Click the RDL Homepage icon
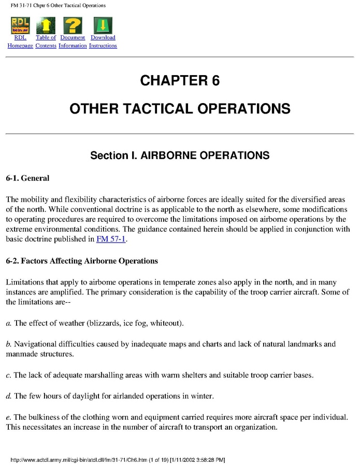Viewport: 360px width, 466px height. click(x=20, y=25)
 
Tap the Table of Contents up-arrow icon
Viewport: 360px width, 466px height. click(x=46, y=25)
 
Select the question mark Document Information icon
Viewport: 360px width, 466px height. click(x=73, y=25)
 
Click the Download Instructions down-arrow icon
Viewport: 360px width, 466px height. click(x=103, y=25)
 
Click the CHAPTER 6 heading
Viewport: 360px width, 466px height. click(x=180, y=81)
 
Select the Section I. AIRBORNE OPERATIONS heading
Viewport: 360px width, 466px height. click(x=180, y=156)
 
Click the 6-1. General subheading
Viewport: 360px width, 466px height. click(x=27, y=178)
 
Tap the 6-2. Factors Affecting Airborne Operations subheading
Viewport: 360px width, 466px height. click(x=82, y=261)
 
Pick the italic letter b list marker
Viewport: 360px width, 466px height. click(x=8, y=344)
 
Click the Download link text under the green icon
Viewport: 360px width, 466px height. click(x=103, y=38)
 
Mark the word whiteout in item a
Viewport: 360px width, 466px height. click(x=165, y=323)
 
